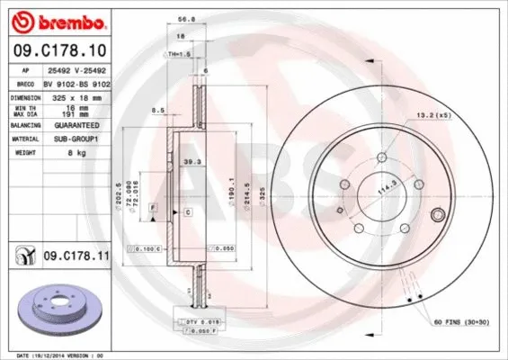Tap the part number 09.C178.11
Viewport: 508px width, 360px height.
[x=76, y=257]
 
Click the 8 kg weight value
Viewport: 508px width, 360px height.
[x=64, y=152]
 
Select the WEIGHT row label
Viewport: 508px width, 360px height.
[x=22, y=152]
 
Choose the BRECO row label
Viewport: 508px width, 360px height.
[x=22, y=82]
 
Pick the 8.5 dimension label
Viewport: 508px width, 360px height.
[x=157, y=110]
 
